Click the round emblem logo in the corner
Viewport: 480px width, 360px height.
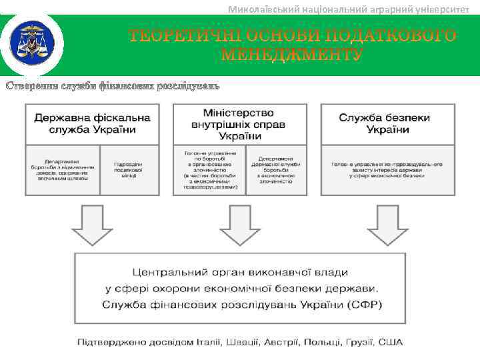pos(32,43)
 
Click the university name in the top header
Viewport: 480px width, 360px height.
pos(349,9)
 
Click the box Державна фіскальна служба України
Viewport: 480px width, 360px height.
pos(93,124)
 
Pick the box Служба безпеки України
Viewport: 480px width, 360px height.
pos(387,124)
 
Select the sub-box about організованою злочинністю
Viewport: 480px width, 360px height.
pos(209,171)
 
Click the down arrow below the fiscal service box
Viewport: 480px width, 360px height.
pos(93,225)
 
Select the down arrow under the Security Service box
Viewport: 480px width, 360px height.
pos(387,225)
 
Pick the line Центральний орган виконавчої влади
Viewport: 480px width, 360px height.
pos(240,273)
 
